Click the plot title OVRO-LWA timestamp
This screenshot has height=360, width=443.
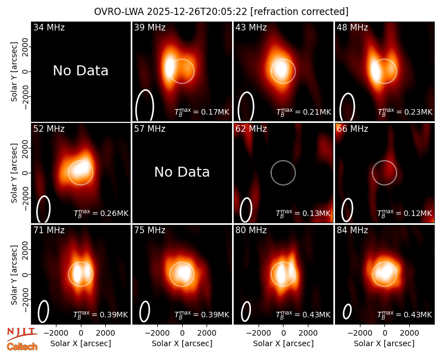pyautogui.click(x=221, y=12)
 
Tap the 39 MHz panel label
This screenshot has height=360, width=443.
pyautogui.click(x=150, y=27)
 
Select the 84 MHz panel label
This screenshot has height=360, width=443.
pyautogui.click(x=352, y=230)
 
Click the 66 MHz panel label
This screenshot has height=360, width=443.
pyautogui.click(x=352, y=129)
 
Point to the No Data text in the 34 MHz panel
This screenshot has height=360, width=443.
pyautogui.click(x=80, y=71)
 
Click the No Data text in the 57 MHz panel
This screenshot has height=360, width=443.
pyautogui.click(x=182, y=172)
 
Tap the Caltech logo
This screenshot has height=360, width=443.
pyautogui.click(x=22, y=347)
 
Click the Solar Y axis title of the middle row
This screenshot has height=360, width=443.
pyautogui.click(x=14, y=173)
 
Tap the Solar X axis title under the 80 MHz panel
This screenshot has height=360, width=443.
pyautogui.click(x=284, y=343)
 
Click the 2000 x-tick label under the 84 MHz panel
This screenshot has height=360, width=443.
pyautogui.click(x=409, y=333)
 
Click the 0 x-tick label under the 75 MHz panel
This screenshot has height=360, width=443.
pyautogui.click(x=182, y=333)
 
